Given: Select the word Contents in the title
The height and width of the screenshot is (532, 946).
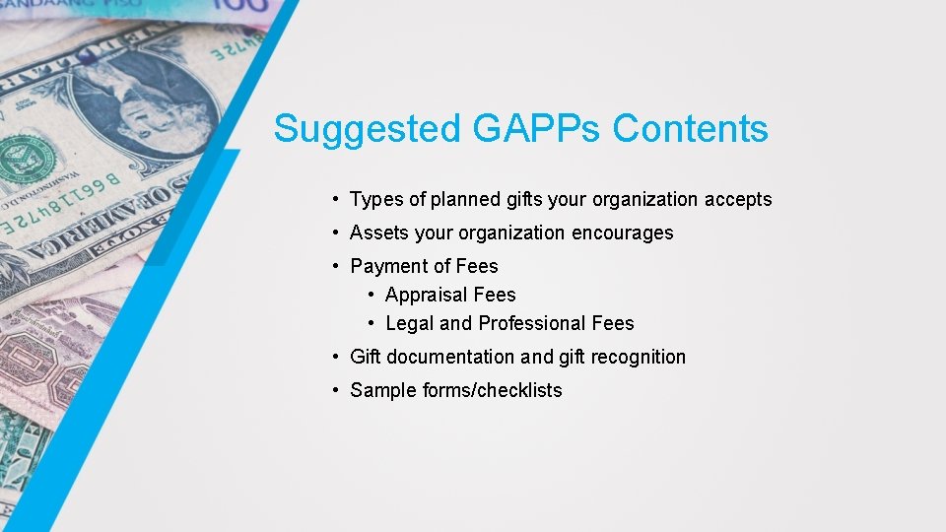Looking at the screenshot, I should [690, 129].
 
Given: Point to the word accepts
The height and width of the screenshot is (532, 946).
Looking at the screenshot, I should [738, 200].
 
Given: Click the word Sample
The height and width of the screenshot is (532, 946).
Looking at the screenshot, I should [383, 390].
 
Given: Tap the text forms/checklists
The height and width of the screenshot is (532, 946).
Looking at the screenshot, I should [493, 390].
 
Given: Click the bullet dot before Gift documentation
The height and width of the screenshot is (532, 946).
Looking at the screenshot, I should [337, 357].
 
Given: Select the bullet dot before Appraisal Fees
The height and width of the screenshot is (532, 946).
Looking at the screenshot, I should [372, 295].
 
